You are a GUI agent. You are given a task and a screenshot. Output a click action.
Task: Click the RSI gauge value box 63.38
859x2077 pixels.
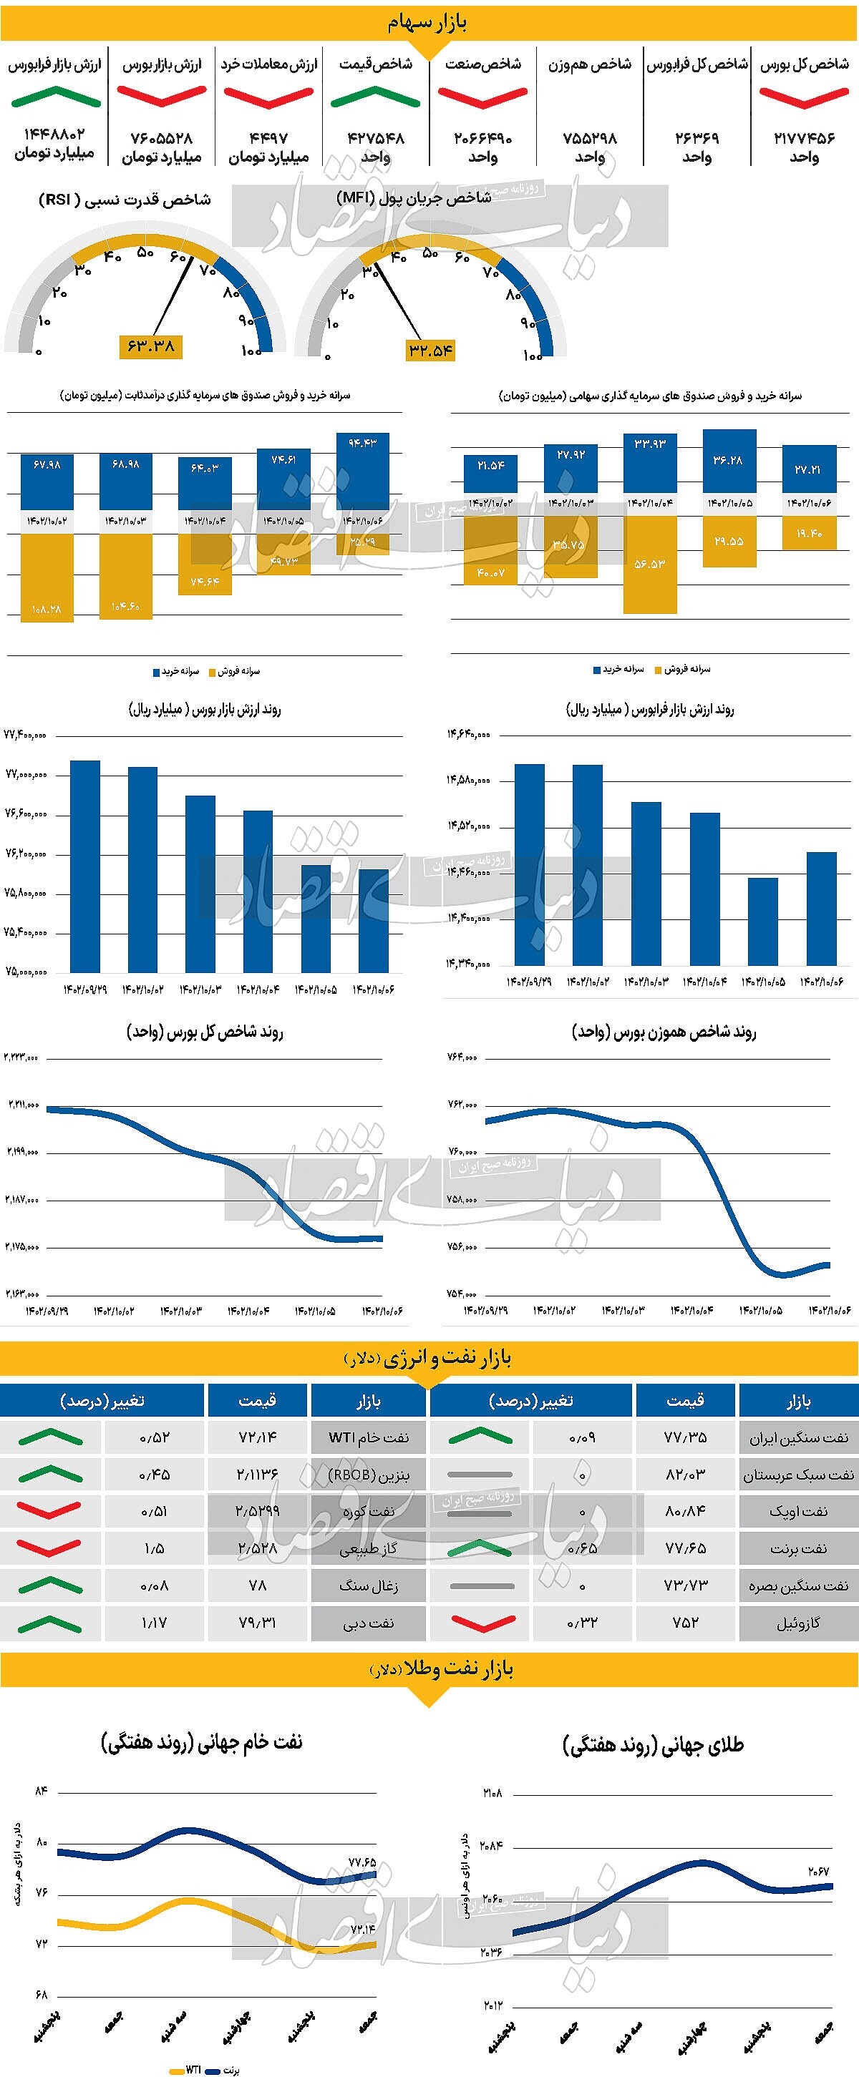(151, 347)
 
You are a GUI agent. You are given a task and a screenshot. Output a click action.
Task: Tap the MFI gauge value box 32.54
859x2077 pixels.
(431, 350)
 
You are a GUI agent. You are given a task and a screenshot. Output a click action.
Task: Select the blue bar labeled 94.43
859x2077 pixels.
(363, 472)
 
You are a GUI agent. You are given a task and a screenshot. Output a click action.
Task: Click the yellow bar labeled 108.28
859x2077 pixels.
(47, 577)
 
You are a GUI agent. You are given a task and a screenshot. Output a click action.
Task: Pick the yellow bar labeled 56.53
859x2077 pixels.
(650, 565)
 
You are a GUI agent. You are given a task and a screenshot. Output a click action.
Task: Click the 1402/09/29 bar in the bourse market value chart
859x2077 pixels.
(85, 866)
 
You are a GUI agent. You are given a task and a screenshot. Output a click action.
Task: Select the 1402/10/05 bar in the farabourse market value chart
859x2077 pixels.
(763, 921)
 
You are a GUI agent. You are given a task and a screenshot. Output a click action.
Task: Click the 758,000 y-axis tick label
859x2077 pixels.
(462, 1199)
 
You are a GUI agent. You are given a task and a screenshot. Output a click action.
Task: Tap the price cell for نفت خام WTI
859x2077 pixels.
(257, 1437)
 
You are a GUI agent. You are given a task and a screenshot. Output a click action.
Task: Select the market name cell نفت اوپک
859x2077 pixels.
(797, 1511)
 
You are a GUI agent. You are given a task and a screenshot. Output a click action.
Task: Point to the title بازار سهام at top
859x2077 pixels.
(428, 23)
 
